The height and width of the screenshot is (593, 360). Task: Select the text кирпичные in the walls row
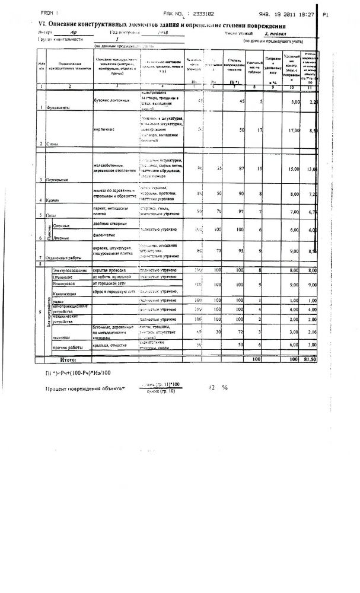click(104, 128)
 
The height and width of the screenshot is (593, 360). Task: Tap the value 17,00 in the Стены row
click(294, 130)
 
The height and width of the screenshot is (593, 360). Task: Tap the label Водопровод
click(62, 284)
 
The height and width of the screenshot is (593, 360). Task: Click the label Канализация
click(64, 294)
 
